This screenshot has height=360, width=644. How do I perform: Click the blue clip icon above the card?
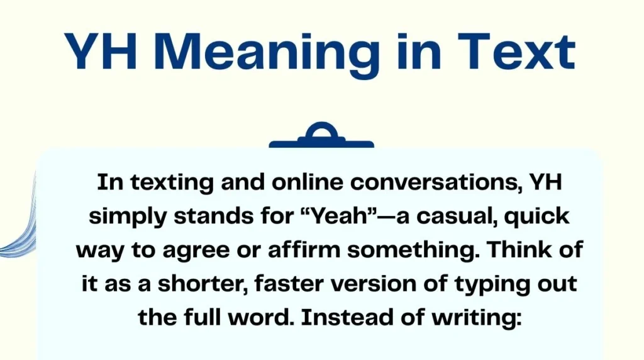tap(321, 136)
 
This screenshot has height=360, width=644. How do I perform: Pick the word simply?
tap(128, 216)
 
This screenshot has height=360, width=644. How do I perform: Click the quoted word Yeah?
tap(323, 216)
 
